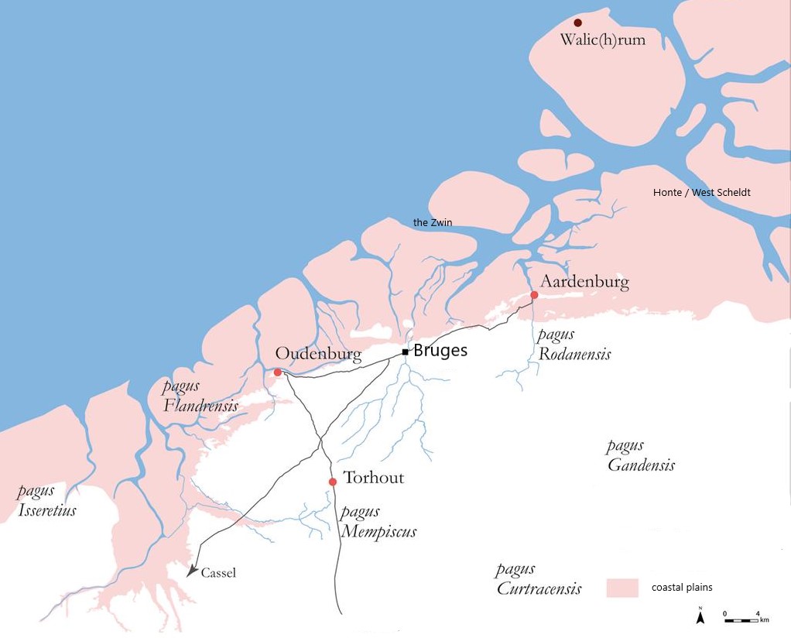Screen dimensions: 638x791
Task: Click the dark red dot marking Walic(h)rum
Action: click(x=577, y=23)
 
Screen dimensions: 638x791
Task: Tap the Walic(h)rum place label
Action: click(x=602, y=39)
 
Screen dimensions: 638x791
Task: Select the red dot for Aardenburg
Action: click(x=534, y=295)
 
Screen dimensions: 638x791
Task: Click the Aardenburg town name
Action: click(x=584, y=281)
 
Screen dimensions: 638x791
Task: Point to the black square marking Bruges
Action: click(x=405, y=352)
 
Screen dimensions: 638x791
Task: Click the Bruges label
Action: click(x=440, y=350)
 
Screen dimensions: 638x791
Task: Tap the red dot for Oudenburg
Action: click(x=277, y=372)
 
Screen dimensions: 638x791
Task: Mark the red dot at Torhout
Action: click(x=333, y=482)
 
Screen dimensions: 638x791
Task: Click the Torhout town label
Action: click(x=373, y=478)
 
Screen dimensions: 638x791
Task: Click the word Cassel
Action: click(x=218, y=574)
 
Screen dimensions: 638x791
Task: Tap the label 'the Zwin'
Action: click(x=433, y=223)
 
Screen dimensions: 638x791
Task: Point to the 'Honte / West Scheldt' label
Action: click(x=702, y=192)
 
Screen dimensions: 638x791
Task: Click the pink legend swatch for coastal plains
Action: click(x=622, y=587)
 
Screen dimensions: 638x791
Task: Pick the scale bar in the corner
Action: click(x=741, y=619)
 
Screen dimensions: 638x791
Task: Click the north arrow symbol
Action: click(x=700, y=616)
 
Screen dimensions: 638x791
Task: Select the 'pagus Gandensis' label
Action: click(x=640, y=455)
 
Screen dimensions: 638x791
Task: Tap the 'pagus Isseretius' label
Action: click(x=46, y=500)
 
